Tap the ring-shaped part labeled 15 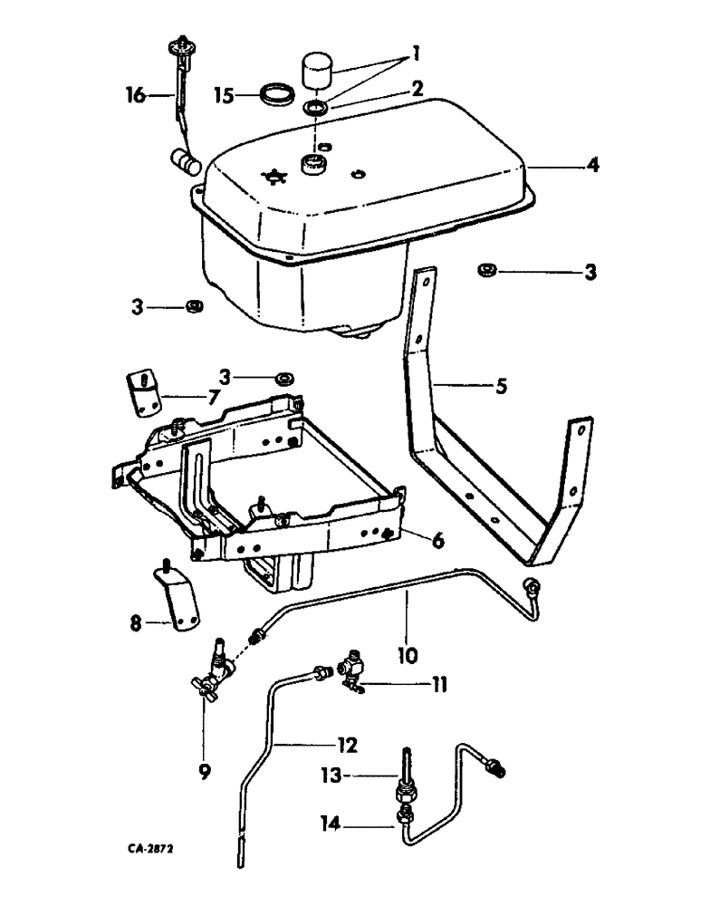pyautogui.click(x=277, y=94)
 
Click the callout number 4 pyautogui.click(x=592, y=167)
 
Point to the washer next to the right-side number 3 pyautogui.click(x=487, y=269)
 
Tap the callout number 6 pyautogui.click(x=437, y=540)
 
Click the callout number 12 pyautogui.click(x=348, y=746)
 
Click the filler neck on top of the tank pyautogui.click(x=314, y=166)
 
